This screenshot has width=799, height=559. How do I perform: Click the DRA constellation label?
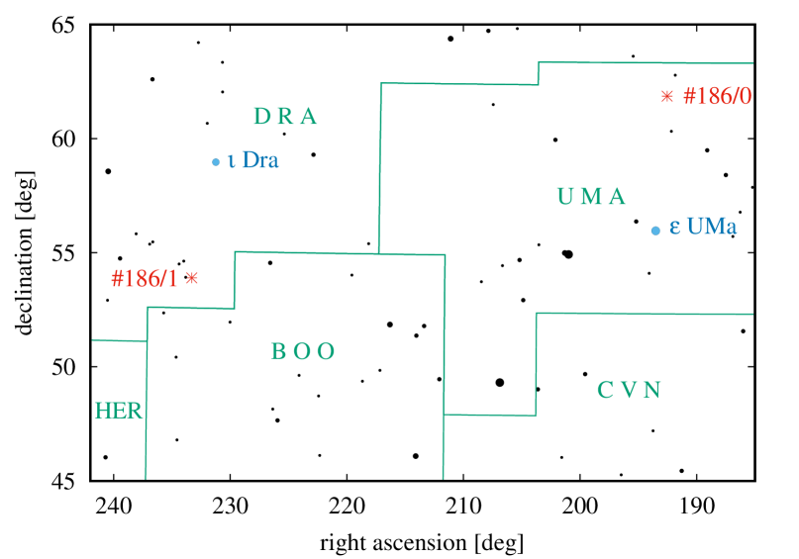pos(285,117)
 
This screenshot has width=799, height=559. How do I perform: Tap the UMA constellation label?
pos(591,197)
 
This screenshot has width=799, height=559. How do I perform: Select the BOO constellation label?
pos(303,351)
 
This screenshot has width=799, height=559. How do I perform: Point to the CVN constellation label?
pos(629,390)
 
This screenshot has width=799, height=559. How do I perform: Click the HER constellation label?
pos(119,411)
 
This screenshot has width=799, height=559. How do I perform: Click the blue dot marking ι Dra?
pos(216,161)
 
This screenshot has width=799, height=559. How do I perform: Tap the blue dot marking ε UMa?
pos(654,231)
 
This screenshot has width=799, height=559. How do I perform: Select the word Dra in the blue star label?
pos(259,160)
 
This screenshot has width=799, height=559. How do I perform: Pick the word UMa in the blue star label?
pos(711,227)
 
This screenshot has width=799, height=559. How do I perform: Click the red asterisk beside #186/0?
pos(666,96)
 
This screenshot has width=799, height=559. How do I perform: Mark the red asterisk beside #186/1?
pos(192,278)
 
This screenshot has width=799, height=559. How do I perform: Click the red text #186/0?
pos(717,96)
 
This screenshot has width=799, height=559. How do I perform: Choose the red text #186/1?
pos(145,279)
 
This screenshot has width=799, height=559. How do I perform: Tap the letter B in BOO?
pos(278,351)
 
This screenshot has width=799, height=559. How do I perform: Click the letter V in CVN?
pos(629,390)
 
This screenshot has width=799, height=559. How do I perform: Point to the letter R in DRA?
pos(285,117)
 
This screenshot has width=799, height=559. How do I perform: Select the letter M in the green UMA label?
pos(591,197)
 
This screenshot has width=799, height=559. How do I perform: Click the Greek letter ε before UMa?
pos(674,228)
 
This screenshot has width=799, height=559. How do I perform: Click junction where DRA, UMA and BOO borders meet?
pos(378,253)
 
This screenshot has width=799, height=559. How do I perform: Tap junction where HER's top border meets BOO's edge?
pos(147,340)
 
